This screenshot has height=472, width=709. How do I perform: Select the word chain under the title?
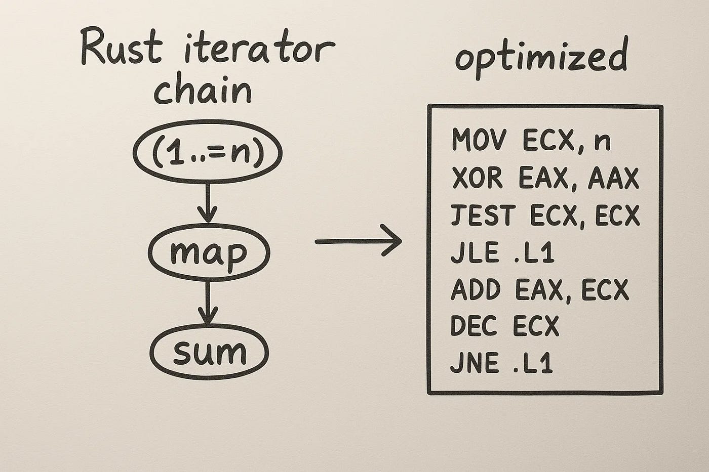click(x=203, y=91)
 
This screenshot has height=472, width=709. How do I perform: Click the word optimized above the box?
click(x=541, y=57)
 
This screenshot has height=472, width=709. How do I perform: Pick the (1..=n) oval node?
click(x=207, y=155)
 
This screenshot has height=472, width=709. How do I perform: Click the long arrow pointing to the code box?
click(x=359, y=241)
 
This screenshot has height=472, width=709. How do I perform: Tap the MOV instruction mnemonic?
click(x=478, y=141)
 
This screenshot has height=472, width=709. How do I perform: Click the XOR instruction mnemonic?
click(x=477, y=179)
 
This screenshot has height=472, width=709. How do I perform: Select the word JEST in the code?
click(x=482, y=216)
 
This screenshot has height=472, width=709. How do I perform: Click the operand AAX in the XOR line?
click(x=613, y=179)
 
